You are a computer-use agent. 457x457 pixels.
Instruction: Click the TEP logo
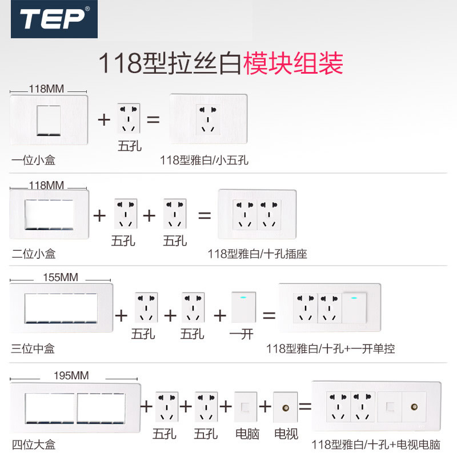54,19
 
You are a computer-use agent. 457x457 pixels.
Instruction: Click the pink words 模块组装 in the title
294,63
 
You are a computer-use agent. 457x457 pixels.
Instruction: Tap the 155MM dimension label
61,278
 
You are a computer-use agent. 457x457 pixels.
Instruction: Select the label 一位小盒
33,161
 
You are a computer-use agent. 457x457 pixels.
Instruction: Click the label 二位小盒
34,253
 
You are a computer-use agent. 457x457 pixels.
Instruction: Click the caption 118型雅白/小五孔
205,161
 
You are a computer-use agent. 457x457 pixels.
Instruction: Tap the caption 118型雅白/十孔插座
257,254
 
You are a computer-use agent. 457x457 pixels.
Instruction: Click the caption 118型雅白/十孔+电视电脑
376,444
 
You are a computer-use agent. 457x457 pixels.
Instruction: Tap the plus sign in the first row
103,120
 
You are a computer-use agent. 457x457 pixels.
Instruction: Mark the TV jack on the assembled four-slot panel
413,407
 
